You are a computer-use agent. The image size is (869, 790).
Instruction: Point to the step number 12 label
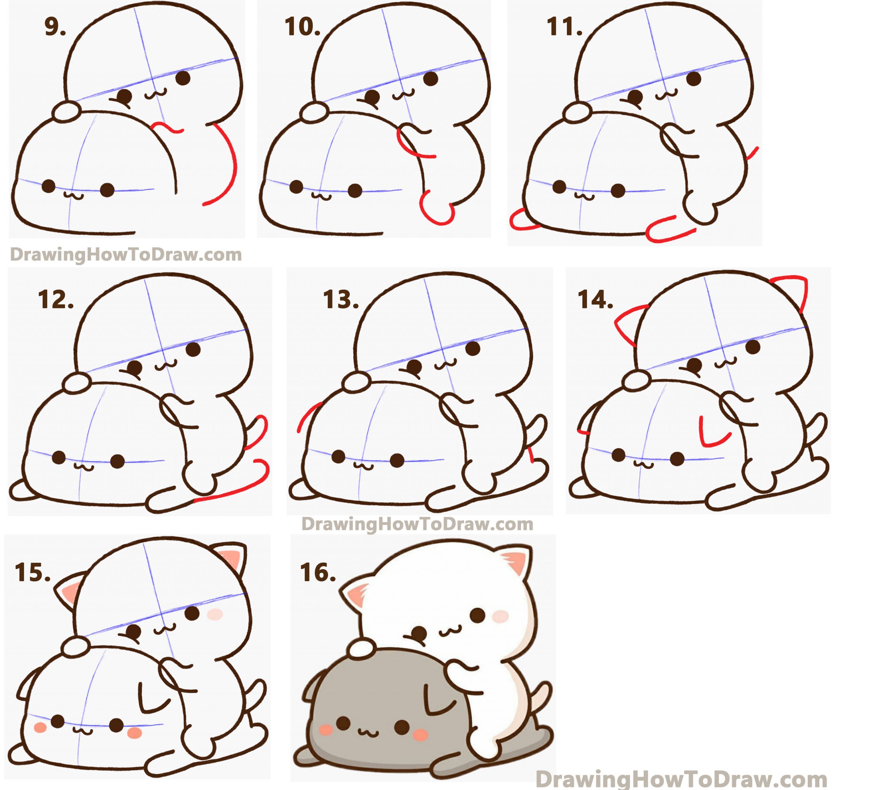56,300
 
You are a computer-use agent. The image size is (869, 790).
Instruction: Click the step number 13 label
341,300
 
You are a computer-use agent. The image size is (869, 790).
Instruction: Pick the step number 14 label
595,300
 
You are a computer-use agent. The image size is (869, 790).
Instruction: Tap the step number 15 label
33,573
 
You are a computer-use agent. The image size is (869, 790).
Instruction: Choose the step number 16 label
318,573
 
